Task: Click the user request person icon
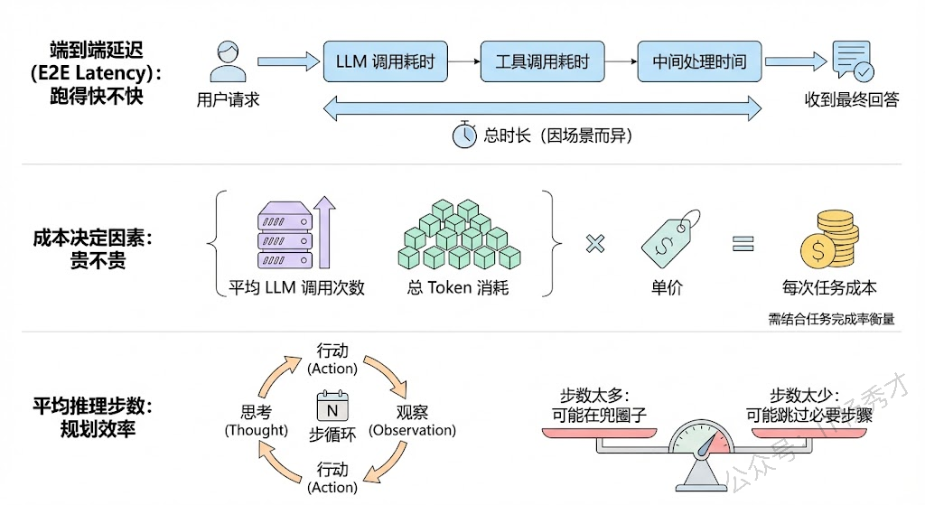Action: pos(229,61)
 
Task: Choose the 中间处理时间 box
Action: pos(699,61)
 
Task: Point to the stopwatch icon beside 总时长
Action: pos(464,135)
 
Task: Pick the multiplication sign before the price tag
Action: pos(594,243)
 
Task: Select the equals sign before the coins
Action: pos(743,243)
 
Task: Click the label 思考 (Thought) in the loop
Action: pos(256,421)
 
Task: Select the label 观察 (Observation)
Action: pos(413,421)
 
